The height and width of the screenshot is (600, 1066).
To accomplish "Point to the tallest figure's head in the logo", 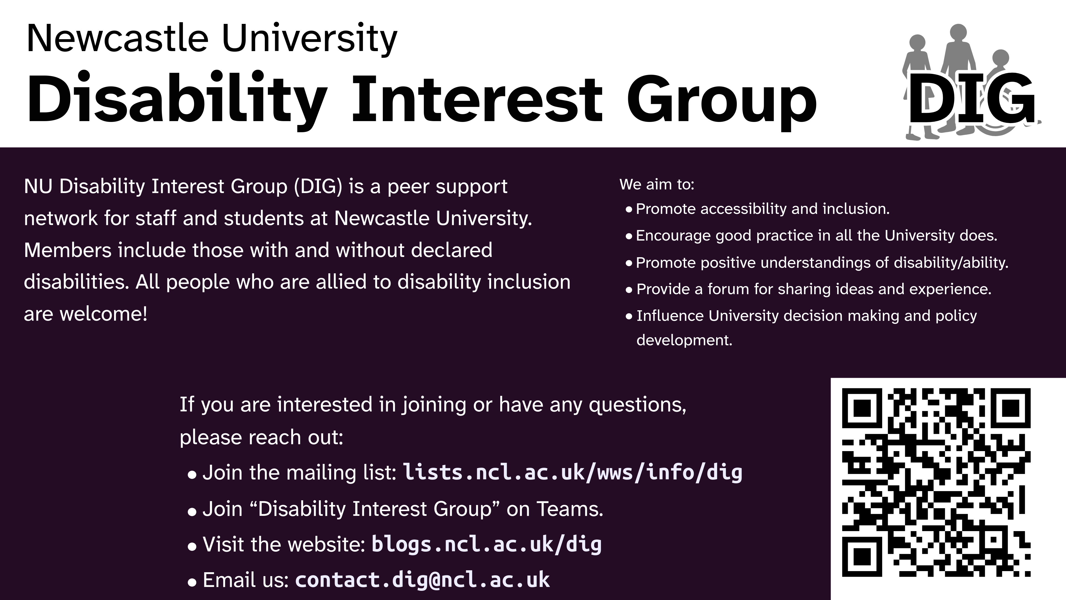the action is [x=958, y=32].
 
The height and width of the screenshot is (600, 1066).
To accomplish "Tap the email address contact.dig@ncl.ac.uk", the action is [x=423, y=580].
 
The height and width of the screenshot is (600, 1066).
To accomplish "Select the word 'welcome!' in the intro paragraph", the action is [x=104, y=314].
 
